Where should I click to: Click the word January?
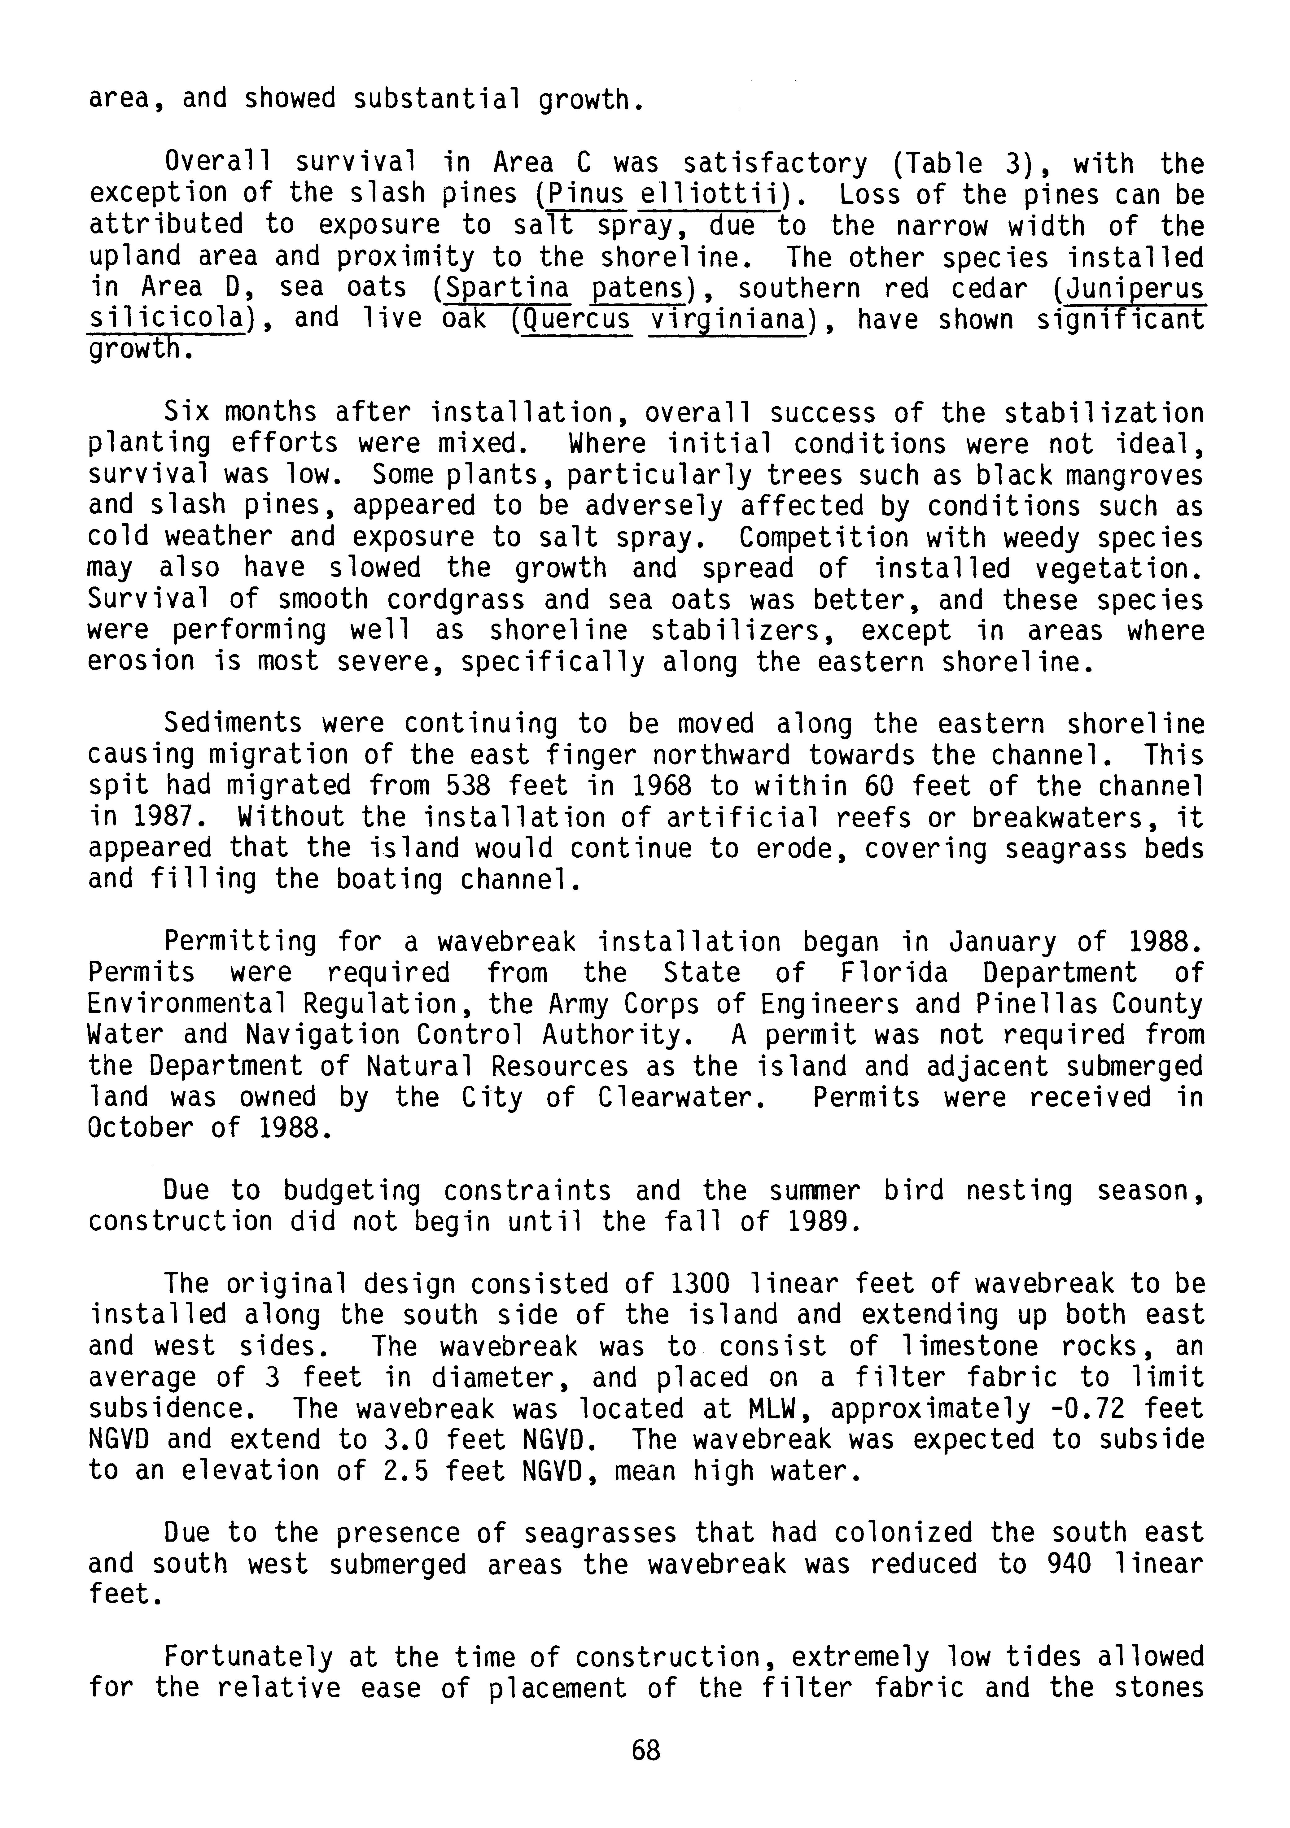[x=1003, y=942]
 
